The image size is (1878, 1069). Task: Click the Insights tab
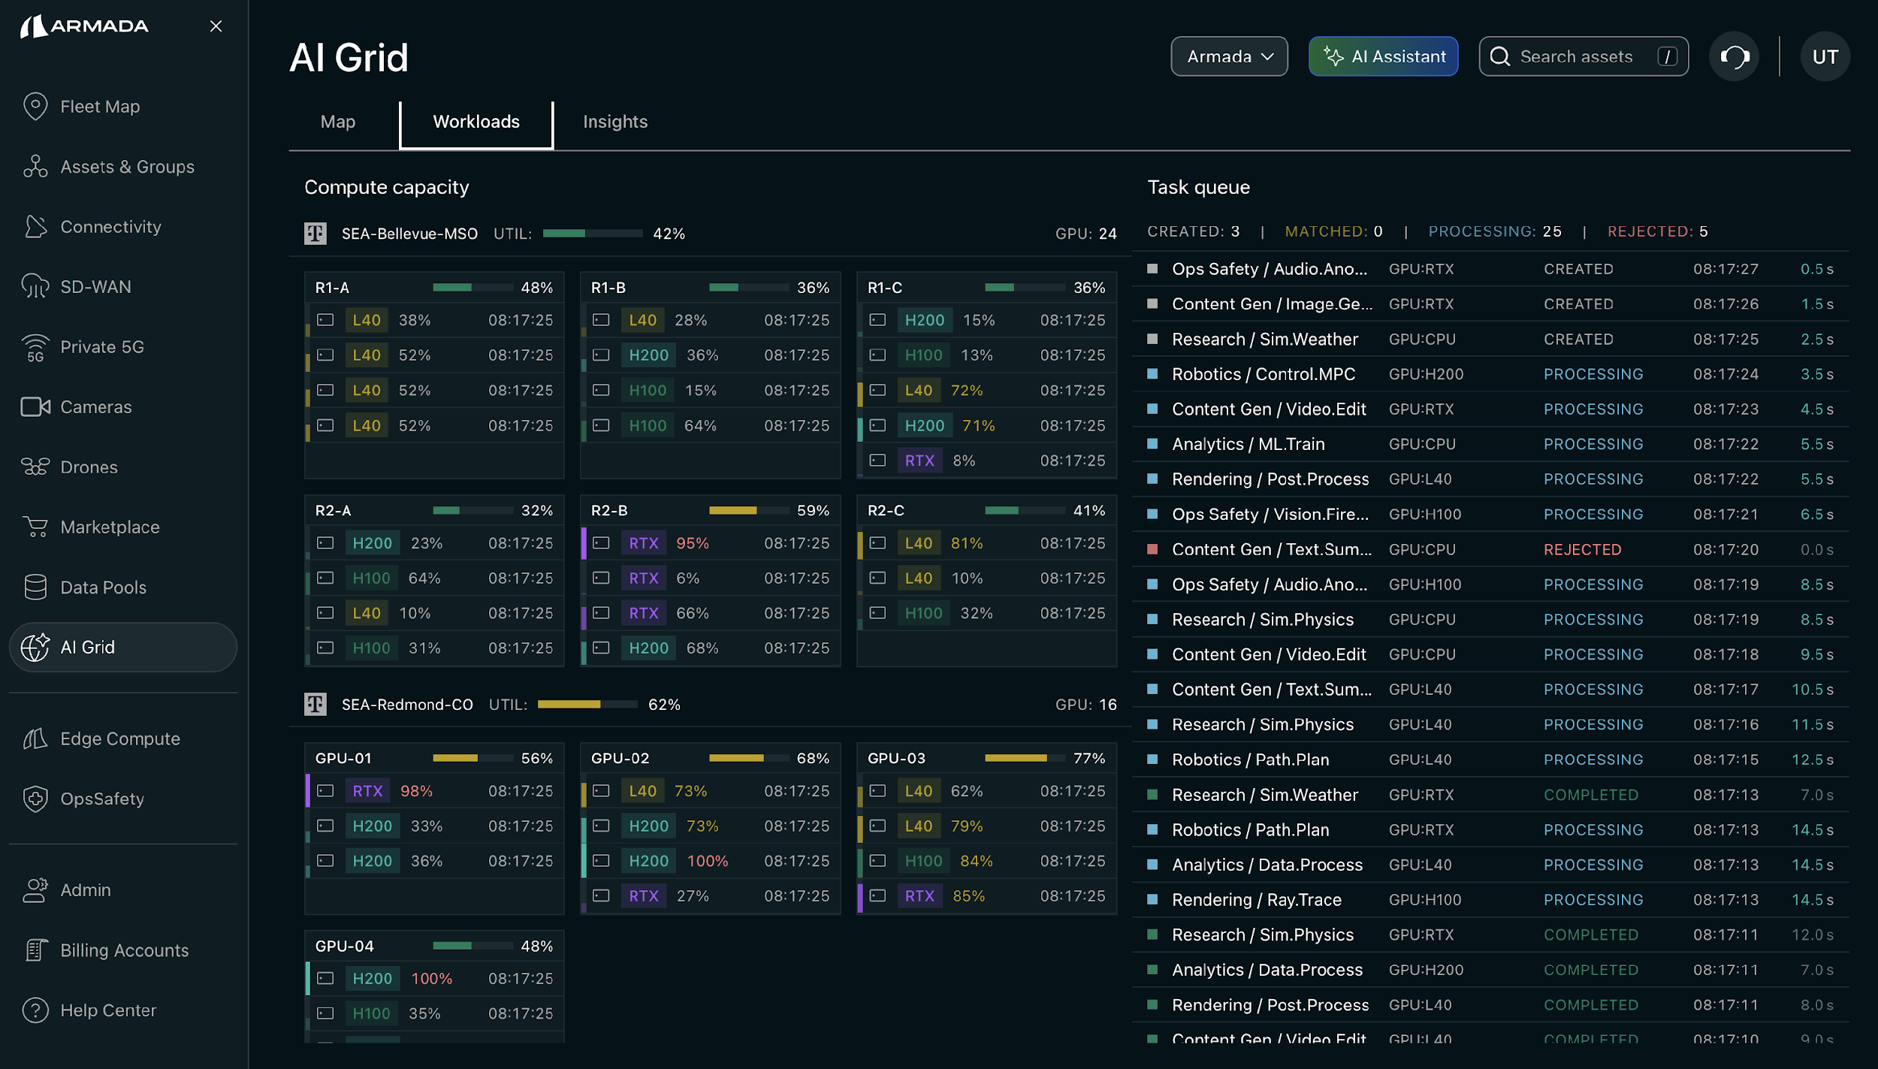(x=614, y=122)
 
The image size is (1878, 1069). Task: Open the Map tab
(x=337, y=122)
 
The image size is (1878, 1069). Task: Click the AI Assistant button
(x=1383, y=56)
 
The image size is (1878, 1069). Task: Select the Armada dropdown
(x=1229, y=56)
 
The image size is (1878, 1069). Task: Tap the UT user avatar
(x=1825, y=56)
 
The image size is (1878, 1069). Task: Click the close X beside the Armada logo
(x=216, y=26)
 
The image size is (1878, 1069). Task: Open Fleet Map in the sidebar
(x=100, y=107)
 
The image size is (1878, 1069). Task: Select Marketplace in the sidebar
(x=110, y=527)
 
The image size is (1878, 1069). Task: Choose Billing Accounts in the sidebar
(x=124, y=950)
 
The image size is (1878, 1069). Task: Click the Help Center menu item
(x=108, y=1010)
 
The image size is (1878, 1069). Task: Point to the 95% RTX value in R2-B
(x=692, y=543)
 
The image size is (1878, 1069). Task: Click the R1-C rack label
(x=885, y=288)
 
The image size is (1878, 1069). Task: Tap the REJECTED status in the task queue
(x=1582, y=550)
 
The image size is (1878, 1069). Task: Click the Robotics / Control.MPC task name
(x=1264, y=374)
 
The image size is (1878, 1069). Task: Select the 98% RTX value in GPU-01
(x=416, y=791)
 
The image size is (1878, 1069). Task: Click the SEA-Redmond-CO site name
(x=407, y=705)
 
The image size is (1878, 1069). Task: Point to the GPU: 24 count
(x=1085, y=234)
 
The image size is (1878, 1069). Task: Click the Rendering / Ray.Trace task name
(x=1256, y=900)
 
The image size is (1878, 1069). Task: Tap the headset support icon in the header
(x=1734, y=56)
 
